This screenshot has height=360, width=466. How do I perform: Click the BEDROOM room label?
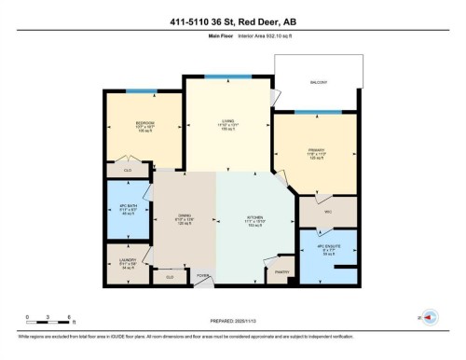coord(144,123)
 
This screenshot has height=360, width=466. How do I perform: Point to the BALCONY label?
coord(318,83)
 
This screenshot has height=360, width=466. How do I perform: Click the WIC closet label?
coord(328,212)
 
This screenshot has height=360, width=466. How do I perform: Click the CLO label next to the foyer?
coord(169,277)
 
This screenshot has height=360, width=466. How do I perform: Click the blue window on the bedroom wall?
coord(141,91)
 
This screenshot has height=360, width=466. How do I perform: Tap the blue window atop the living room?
coord(227,76)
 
